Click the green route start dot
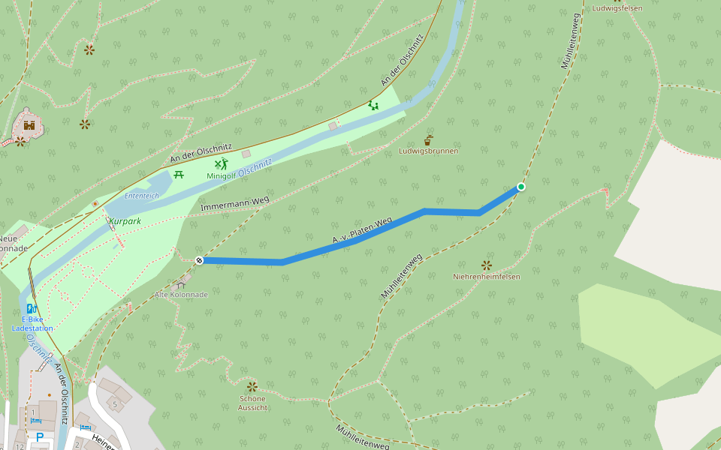[x=520, y=187]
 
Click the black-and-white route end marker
[x=200, y=260]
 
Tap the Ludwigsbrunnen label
[x=428, y=151]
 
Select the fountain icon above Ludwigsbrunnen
[x=428, y=139]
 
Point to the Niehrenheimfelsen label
[x=486, y=277]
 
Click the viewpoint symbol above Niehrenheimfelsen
[x=486, y=265]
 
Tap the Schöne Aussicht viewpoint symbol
[x=252, y=386]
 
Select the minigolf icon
[x=221, y=163]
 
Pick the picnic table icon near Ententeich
[x=179, y=175]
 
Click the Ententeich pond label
[x=142, y=195]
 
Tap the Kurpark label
[x=125, y=221]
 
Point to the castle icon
[x=29, y=124]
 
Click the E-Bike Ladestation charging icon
[x=32, y=308]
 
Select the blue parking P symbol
[x=39, y=436]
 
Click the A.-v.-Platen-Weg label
[x=363, y=231]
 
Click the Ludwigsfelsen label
[x=617, y=8]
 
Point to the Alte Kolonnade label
[x=180, y=295]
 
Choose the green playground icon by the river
[x=373, y=105]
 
